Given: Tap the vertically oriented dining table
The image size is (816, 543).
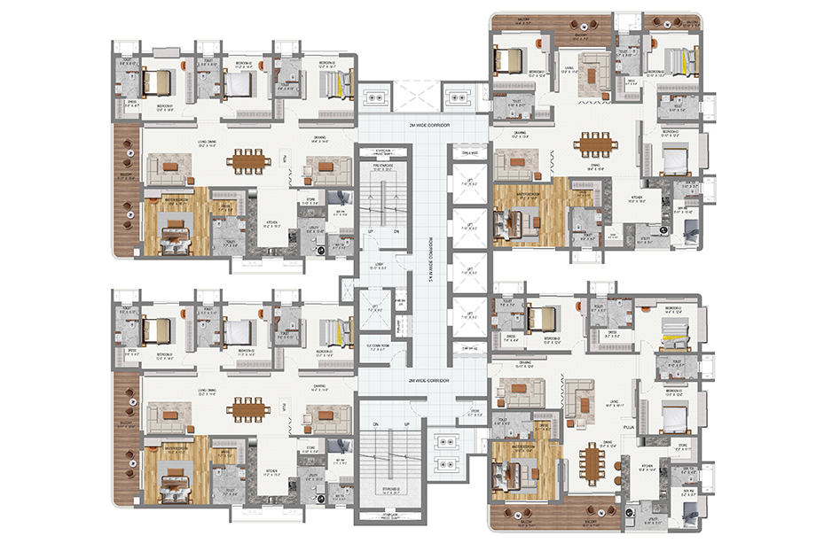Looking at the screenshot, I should (591, 459).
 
